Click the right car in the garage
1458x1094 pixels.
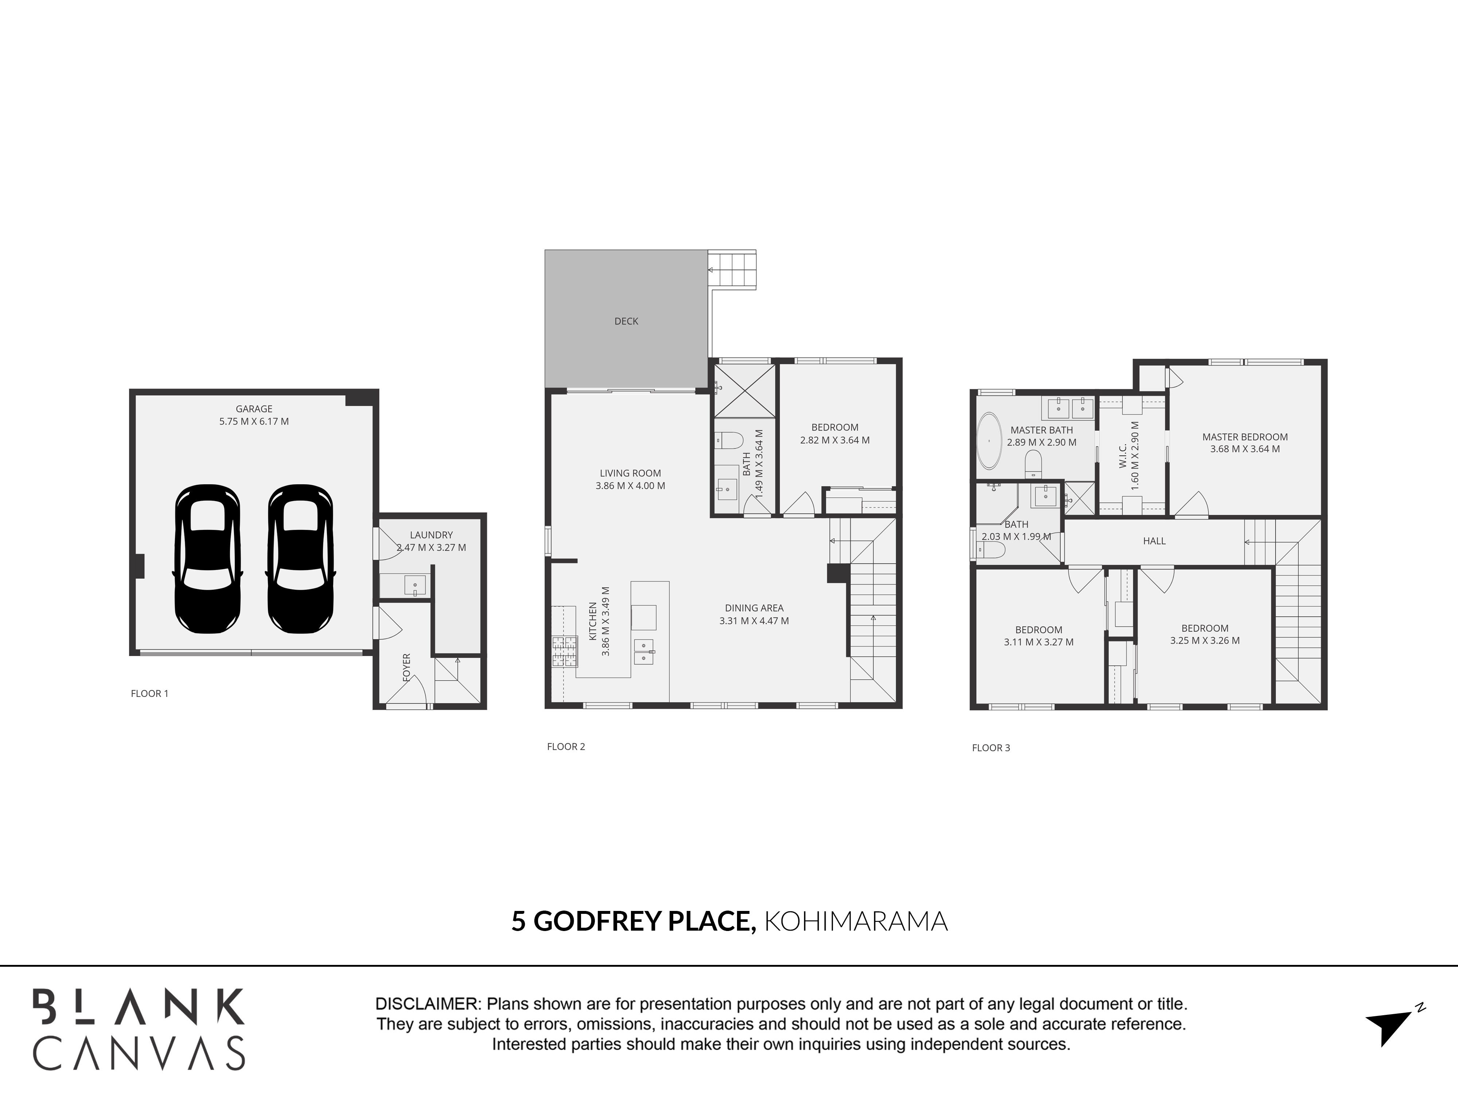tap(300, 559)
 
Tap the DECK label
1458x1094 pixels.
tap(626, 321)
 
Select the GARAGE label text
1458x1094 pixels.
tap(254, 409)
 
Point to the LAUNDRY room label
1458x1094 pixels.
tap(431, 535)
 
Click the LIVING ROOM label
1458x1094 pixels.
tap(630, 473)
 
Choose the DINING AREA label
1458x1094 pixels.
tap(754, 608)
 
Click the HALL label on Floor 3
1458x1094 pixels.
tap(1154, 541)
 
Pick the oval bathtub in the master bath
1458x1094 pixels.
tap(988, 441)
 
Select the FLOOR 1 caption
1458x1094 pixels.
tap(149, 693)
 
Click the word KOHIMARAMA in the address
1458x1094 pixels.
tap(855, 921)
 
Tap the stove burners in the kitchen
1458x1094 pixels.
tap(559, 652)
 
